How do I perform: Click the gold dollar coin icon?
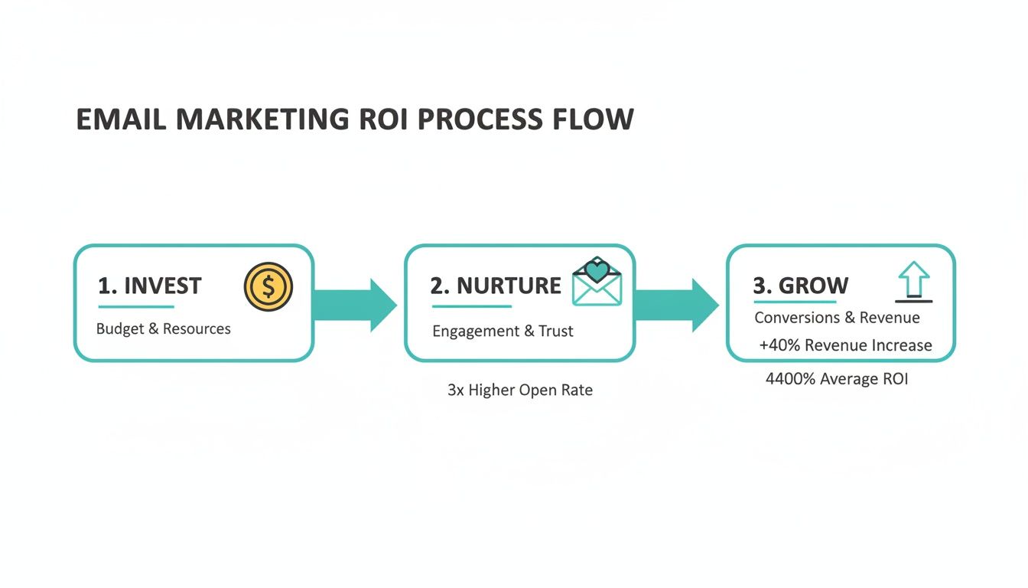268,287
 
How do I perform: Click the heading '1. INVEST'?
150,286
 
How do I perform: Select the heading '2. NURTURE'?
496,286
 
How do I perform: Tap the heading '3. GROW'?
801,286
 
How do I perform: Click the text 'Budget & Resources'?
164,329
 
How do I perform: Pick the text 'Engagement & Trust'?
503,332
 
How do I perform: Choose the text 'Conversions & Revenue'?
837,318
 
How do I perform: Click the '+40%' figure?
779,345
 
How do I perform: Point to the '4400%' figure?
790,379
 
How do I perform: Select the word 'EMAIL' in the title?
122,120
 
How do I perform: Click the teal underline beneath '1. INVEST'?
136,307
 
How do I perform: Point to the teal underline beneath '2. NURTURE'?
471,307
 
